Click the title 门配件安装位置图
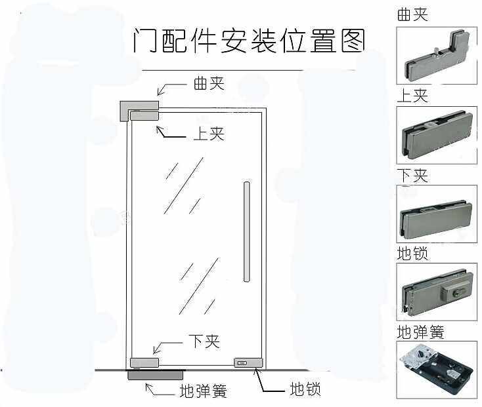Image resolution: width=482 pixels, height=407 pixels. tap(248, 41)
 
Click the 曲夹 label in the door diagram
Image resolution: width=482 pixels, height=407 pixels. tap(209, 83)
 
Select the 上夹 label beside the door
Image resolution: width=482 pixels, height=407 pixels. tap(209, 133)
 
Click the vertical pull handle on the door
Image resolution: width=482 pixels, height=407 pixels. tap(247, 231)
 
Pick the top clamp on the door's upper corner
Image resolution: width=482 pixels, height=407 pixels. tap(144, 117)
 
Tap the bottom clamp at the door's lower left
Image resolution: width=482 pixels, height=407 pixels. tap(144, 362)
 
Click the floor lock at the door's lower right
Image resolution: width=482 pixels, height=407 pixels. tap(248, 362)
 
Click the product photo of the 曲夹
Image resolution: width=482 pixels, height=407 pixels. tap(437, 55)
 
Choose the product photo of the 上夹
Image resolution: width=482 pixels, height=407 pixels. tap(437, 136)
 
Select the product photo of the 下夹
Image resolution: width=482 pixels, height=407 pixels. tap(437, 214)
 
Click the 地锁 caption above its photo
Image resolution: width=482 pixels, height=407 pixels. tap(412, 253)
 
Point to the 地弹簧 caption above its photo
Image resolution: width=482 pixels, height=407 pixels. tap(420, 332)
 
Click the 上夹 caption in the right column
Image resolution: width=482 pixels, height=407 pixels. tap(412, 96)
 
